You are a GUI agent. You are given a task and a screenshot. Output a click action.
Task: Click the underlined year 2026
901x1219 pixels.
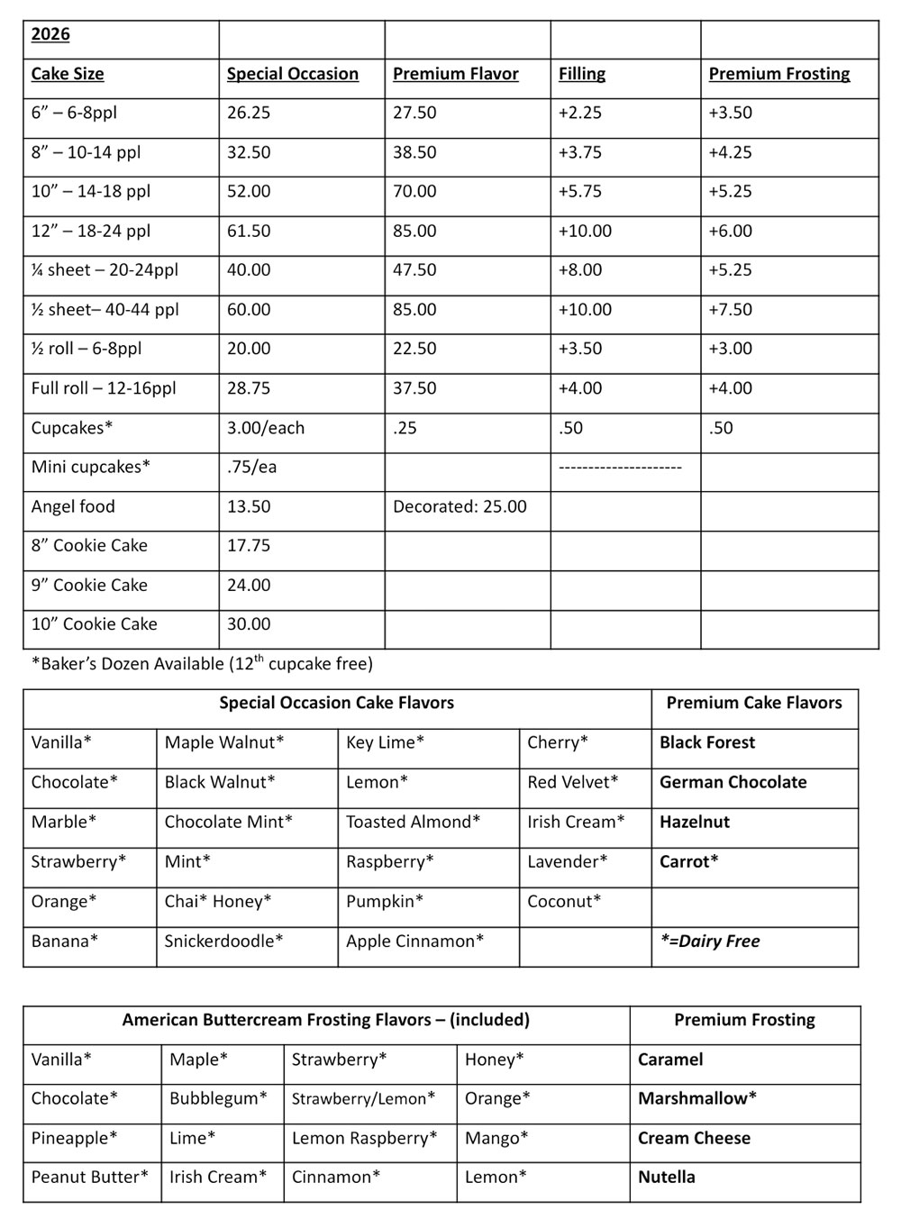(x=50, y=34)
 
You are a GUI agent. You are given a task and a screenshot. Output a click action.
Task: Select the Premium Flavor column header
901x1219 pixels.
(x=455, y=74)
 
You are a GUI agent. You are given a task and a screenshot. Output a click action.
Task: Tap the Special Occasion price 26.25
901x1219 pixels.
(x=249, y=113)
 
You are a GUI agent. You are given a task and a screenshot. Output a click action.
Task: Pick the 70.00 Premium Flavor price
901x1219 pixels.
(x=414, y=191)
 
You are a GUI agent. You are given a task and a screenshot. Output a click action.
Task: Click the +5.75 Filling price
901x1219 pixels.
(x=579, y=191)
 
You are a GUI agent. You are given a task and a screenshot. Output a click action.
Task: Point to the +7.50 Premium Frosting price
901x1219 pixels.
(x=730, y=309)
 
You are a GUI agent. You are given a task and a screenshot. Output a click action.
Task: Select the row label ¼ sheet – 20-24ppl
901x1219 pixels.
(x=105, y=269)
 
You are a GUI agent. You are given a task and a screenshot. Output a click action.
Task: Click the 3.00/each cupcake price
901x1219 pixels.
(x=266, y=428)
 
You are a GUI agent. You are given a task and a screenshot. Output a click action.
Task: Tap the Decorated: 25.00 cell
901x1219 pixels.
(x=460, y=506)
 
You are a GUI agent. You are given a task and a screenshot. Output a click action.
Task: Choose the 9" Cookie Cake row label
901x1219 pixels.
(x=89, y=585)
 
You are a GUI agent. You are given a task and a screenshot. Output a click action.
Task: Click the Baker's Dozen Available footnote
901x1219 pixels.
(x=202, y=664)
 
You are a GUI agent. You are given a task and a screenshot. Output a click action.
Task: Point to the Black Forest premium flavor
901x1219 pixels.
(x=707, y=742)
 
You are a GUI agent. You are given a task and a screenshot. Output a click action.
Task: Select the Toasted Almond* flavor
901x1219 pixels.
(x=413, y=822)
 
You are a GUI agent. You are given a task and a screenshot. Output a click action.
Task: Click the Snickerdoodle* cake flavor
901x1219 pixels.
(x=223, y=941)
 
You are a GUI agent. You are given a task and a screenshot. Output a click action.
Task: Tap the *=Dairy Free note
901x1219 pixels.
(x=709, y=941)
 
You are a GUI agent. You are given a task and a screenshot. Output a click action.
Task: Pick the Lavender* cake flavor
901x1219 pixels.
(x=568, y=861)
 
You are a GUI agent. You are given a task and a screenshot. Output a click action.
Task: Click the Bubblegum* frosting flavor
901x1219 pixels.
(x=218, y=1098)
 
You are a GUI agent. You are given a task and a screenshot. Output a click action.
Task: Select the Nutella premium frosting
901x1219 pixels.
(x=666, y=1177)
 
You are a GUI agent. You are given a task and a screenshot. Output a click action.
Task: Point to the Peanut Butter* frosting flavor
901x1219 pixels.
(x=89, y=1177)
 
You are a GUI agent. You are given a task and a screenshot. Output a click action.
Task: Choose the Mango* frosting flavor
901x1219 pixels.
(x=496, y=1138)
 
